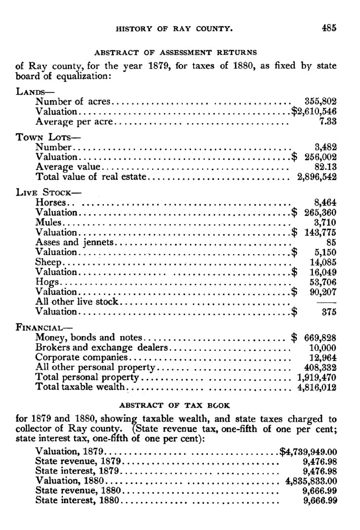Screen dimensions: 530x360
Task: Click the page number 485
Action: tap(329, 28)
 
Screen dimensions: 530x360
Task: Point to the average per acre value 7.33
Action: tap(328, 122)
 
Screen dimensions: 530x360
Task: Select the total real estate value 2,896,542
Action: tap(317, 177)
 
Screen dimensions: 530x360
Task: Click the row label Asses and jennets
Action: tap(75, 242)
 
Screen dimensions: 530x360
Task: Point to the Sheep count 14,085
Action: tap(323, 262)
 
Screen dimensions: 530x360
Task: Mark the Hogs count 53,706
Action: tap(323, 282)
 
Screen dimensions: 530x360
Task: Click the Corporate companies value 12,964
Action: tap(323, 357)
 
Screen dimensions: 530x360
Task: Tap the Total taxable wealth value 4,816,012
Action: tap(317, 387)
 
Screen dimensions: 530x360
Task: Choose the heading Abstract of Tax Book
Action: tap(175, 405)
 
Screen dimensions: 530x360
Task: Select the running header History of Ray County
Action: tap(174, 29)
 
